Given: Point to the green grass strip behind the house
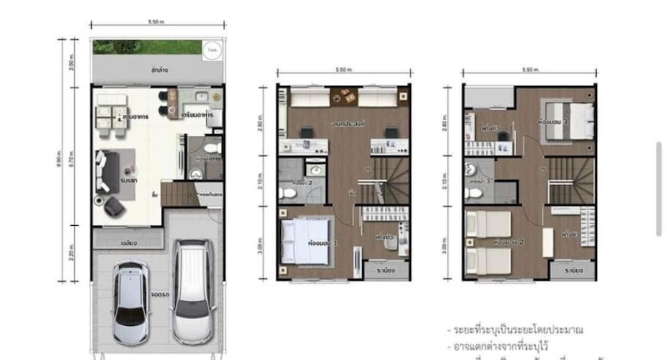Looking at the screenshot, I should click(x=146, y=47).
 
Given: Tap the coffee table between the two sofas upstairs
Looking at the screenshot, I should click(x=343, y=93).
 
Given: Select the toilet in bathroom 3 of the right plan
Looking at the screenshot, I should click(x=472, y=194).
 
